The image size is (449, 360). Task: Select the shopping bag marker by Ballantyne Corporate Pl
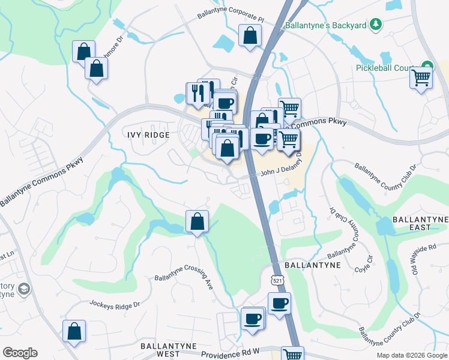click(x=249, y=36)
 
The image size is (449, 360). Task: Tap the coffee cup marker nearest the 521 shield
click(x=279, y=304)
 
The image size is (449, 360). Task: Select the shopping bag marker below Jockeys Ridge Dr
click(x=74, y=331)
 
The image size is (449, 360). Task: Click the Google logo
click(x=20, y=353)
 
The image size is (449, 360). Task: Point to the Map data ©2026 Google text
click(x=411, y=355)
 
